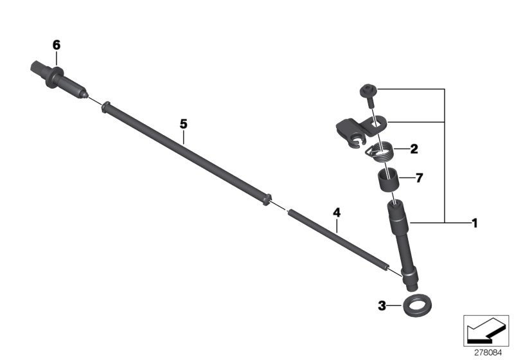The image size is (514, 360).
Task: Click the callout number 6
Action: [57, 45]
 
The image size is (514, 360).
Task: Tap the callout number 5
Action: [183, 124]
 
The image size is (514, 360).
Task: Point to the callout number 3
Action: [382, 306]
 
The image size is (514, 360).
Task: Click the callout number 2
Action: [414, 149]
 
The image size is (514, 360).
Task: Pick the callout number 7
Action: [420, 178]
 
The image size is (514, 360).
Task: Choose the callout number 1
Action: [474, 223]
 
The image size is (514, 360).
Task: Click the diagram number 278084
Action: [488, 353]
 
